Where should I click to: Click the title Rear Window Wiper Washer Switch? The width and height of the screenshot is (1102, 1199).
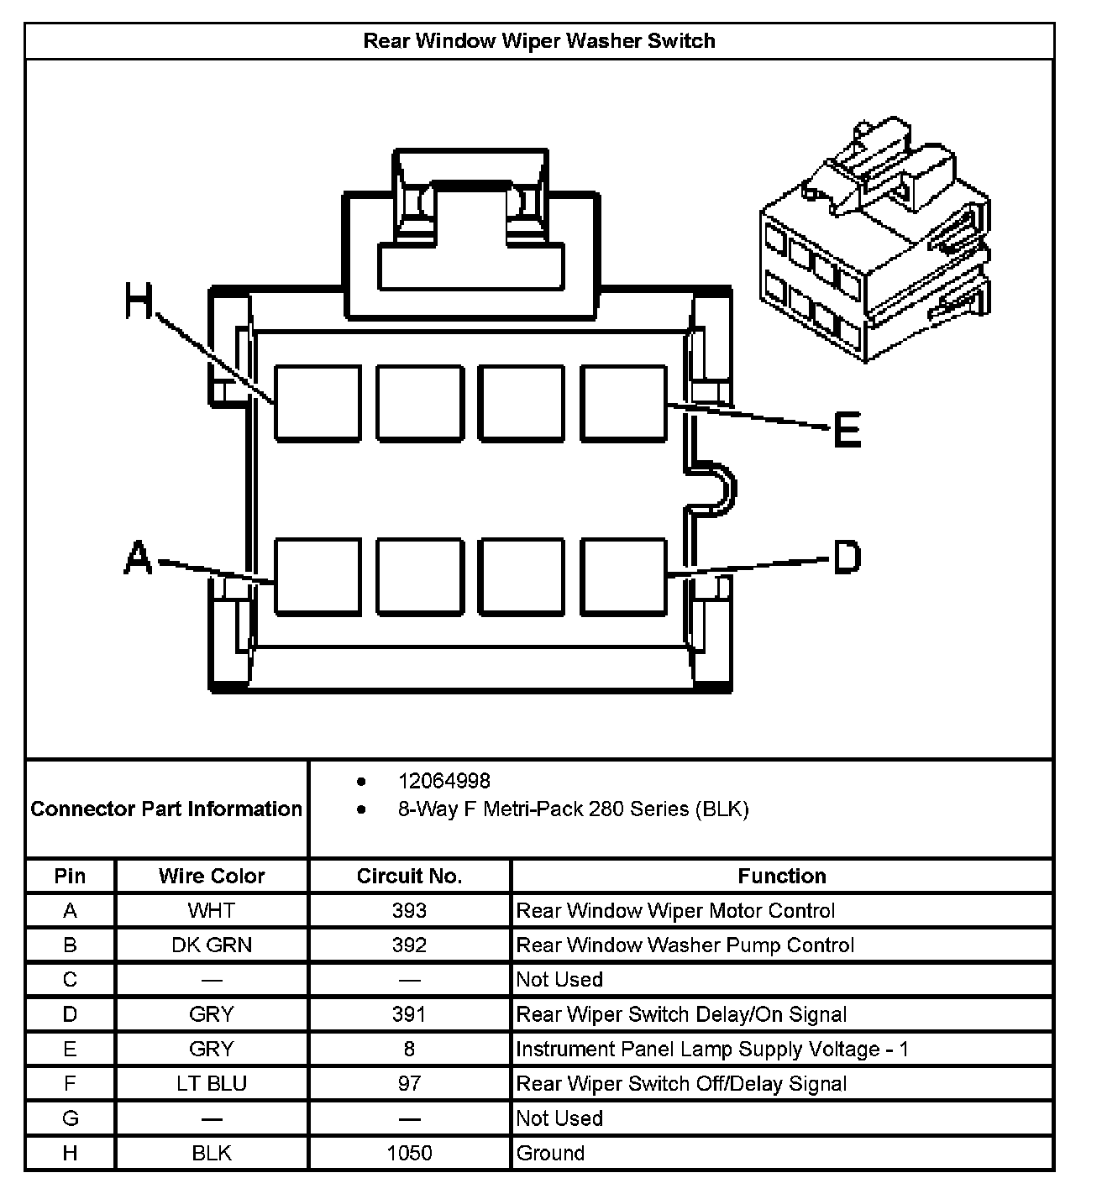(538, 41)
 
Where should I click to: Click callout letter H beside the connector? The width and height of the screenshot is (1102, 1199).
(140, 301)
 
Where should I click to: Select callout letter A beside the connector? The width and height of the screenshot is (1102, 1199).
(138, 558)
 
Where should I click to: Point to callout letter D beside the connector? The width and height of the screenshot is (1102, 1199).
(846, 557)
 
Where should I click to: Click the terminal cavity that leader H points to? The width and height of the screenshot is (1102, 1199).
(317, 403)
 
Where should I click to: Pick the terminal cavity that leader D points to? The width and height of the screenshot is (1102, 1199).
(624, 575)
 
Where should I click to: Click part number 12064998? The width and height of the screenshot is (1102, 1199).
(443, 782)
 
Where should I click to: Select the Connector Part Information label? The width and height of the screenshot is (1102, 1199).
(166, 809)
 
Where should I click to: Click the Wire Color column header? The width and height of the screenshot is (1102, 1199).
(212, 877)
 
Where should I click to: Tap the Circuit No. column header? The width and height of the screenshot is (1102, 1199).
(409, 877)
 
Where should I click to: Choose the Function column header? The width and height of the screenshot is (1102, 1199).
(781, 877)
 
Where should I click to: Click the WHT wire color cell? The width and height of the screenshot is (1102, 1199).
(212, 911)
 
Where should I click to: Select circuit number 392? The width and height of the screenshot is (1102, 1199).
(409, 945)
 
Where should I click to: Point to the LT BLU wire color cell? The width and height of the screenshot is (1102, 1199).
(212, 1084)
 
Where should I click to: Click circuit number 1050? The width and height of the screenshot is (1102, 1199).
(409, 1153)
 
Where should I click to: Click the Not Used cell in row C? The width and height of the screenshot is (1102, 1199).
(559, 980)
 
